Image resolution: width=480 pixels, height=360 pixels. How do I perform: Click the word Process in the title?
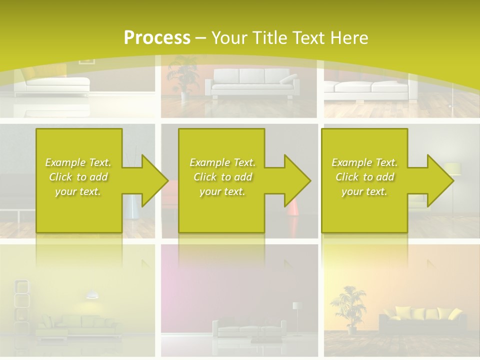pos(157,38)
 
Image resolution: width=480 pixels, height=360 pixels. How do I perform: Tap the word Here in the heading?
pos(346,38)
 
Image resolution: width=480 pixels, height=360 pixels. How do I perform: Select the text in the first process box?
pos(78,177)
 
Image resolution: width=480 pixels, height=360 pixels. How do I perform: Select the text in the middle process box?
pos(222,177)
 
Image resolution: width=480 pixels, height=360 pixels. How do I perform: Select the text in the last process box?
pos(364,177)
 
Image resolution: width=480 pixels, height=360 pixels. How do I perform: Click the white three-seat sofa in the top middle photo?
pos(252,83)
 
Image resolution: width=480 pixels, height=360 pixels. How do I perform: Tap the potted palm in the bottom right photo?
pos(348,306)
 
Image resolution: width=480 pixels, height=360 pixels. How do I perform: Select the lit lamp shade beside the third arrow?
pos(452,169)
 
